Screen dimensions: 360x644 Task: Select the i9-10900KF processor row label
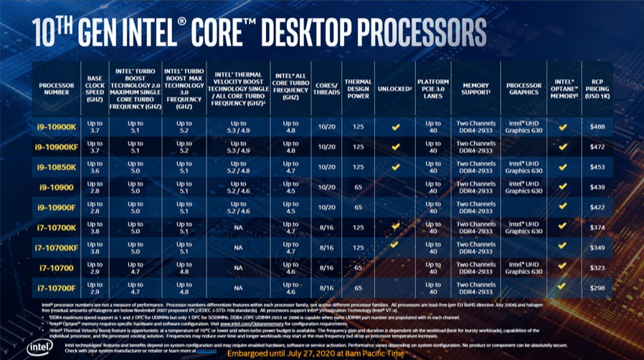[57, 147]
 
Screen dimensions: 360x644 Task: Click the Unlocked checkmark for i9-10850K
[394, 167]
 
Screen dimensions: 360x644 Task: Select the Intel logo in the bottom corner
[39, 346]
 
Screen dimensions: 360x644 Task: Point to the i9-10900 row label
[57, 187]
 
